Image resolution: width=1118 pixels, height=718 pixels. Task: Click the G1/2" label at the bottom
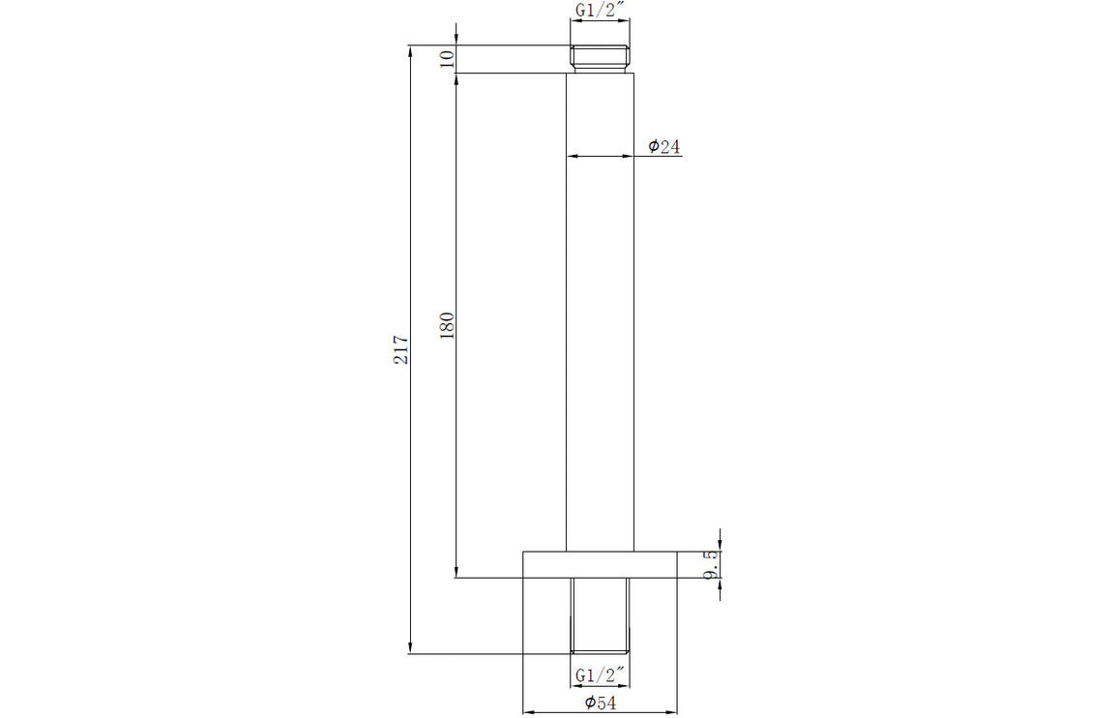pyautogui.click(x=600, y=673)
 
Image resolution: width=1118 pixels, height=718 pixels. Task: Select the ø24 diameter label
pyautogui.click(x=664, y=146)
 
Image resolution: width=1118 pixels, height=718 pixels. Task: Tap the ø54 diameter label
pyautogui.click(x=600, y=703)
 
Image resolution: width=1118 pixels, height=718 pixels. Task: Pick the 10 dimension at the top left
pyautogui.click(x=446, y=58)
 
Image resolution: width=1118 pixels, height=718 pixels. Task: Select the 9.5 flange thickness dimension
pyautogui.click(x=713, y=565)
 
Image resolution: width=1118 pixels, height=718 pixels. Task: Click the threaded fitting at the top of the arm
pyautogui.click(x=600, y=58)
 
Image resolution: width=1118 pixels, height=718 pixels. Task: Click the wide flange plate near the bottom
pyautogui.click(x=600, y=565)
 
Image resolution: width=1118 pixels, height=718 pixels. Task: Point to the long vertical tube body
pyautogui.click(x=600, y=310)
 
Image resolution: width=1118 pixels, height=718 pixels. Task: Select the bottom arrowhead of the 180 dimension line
pyautogui.click(x=456, y=572)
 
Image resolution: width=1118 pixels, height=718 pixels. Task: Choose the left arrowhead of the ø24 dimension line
pyautogui.click(x=572, y=156)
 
